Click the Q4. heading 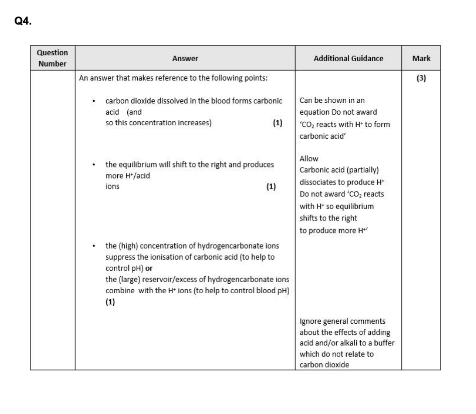coord(24,21)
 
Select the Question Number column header coord(53,58)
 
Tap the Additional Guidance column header coord(348,59)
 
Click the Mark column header coord(421,59)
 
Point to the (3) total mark coord(421,78)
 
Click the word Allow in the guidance coord(309,158)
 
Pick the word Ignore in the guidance coord(311,321)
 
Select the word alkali coord(345,343)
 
